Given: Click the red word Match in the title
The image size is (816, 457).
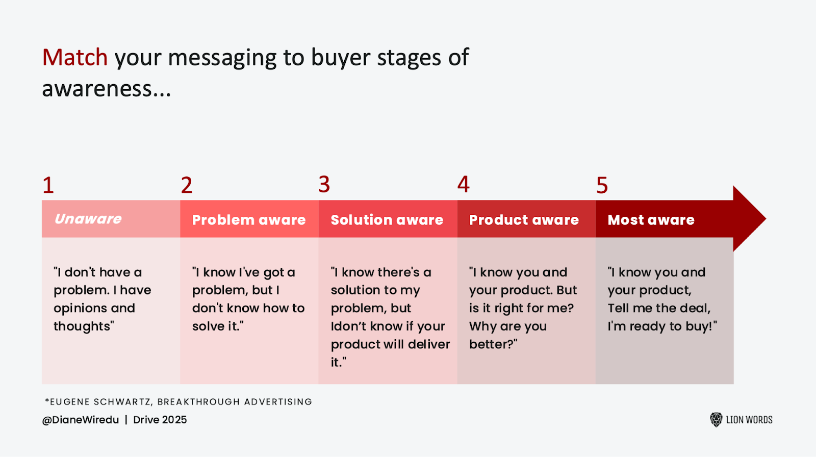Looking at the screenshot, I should click(x=74, y=58).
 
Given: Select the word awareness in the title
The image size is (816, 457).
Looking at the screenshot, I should click(x=97, y=89).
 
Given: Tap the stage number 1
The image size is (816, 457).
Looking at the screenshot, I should click(x=48, y=186).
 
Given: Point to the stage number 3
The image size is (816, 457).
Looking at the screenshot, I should click(x=324, y=185).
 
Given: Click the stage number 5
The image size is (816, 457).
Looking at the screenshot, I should click(x=602, y=186).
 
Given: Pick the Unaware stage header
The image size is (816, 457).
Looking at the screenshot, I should click(x=88, y=219).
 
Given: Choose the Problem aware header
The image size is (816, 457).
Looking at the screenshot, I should click(x=248, y=220).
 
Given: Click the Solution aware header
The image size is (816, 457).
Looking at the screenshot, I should click(x=387, y=220).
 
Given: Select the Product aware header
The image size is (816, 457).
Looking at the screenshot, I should click(x=524, y=220).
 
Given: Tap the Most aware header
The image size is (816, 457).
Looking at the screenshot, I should click(x=651, y=220).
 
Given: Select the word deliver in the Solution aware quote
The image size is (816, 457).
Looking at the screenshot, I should click(x=429, y=345).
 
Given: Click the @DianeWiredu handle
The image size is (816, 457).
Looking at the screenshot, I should click(x=80, y=420).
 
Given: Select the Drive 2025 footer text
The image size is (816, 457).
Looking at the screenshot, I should click(x=160, y=420).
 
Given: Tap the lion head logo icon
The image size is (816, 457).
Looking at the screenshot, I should click(x=716, y=420).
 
